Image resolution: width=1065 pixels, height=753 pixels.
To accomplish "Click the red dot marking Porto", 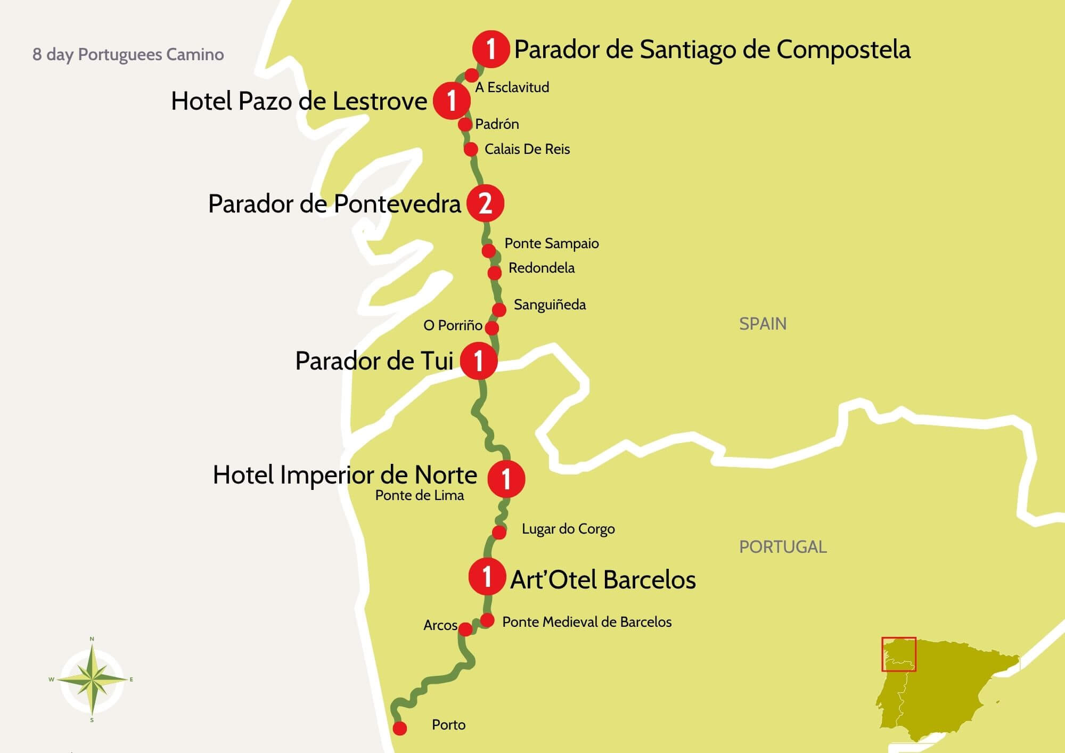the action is [399, 728].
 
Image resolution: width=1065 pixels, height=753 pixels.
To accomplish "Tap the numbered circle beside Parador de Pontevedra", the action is [485, 203].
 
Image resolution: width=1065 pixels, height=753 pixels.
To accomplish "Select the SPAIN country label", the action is [763, 324].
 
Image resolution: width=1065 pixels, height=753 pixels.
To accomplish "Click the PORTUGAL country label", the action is [783, 547].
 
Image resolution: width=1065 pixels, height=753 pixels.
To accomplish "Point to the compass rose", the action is [92, 680].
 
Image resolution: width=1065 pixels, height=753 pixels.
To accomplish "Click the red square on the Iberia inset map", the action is [898, 654].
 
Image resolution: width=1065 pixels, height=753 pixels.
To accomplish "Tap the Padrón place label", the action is [497, 124].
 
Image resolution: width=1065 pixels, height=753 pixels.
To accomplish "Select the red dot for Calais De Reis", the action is [471, 149].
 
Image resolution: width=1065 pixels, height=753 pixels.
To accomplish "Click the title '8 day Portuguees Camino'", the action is [128, 54].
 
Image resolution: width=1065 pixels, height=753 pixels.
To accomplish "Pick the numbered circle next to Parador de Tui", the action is [479, 361].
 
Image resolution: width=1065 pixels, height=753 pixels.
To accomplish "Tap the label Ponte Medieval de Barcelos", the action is [587, 622].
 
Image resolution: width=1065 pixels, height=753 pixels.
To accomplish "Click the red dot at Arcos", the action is [465, 629].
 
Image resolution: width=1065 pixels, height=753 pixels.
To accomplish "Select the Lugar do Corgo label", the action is [568, 529].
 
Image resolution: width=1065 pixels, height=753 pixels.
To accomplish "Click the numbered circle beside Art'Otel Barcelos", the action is [487, 577].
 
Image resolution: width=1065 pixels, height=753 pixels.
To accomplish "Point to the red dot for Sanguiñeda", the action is [499, 309].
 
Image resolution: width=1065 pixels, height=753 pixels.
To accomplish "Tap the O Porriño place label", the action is [453, 325].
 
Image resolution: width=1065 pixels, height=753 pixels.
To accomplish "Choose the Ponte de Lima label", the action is [420, 495].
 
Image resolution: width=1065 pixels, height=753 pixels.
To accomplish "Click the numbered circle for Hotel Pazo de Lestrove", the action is [452, 100].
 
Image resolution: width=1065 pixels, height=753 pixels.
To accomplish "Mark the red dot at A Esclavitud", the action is [472, 75].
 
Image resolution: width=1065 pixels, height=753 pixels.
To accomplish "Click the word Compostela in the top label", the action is [843, 50].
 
